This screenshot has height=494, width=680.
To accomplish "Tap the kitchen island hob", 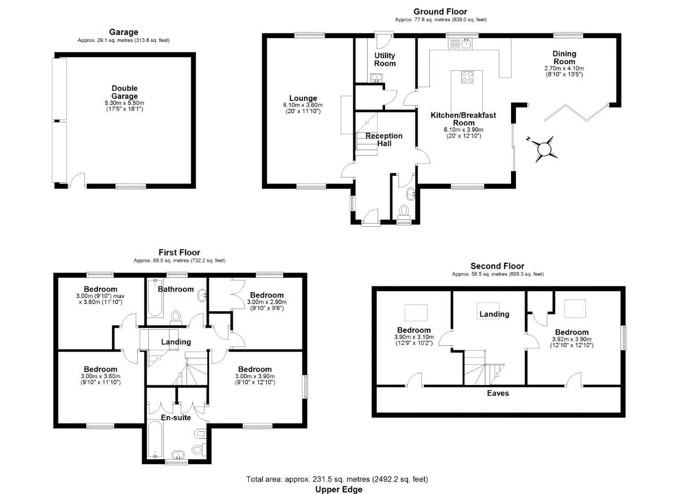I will [x=467, y=77].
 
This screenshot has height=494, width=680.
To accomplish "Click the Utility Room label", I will [x=385, y=59].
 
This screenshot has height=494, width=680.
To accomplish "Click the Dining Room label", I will [x=564, y=57].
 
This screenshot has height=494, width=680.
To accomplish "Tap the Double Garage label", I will [x=124, y=92].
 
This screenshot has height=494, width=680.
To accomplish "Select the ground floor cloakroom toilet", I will [x=404, y=212].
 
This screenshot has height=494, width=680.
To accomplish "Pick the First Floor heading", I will [x=180, y=252].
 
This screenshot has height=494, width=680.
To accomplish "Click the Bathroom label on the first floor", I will [x=176, y=289].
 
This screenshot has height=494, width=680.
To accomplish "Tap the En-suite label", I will [x=176, y=418].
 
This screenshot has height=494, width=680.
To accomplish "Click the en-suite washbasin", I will [x=176, y=455].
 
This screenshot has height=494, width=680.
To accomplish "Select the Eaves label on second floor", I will [x=498, y=393].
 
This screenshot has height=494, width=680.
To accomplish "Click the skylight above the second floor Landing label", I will [x=487, y=306].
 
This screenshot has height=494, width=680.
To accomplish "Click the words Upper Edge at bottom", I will [x=339, y=489].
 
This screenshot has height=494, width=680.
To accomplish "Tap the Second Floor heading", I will [x=497, y=266].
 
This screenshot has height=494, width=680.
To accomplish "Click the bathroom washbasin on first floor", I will [x=202, y=295].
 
